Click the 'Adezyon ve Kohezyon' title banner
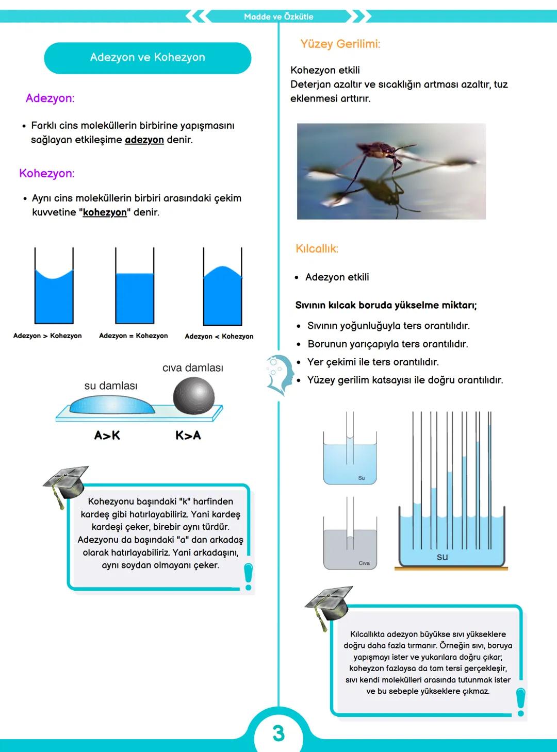click(x=148, y=58)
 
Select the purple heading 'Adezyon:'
click(x=50, y=98)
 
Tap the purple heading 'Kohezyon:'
click(x=47, y=173)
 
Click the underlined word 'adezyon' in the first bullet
click(x=144, y=140)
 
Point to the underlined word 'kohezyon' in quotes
click(x=105, y=212)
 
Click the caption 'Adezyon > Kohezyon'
click(x=47, y=336)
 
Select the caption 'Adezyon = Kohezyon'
click(x=133, y=336)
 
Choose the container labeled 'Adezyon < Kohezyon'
click(x=222, y=294)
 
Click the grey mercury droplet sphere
click(x=193, y=395)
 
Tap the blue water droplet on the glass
click(x=111, y=405)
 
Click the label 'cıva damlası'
click(x=192, y=367)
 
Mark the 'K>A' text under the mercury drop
click(x=188, y=436)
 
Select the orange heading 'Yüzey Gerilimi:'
click(x=340, y=44)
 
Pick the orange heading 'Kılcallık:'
click(x=317, y=248)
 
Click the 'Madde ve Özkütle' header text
click(x=278, y=16)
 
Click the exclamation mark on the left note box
click(x=249, y=576)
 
